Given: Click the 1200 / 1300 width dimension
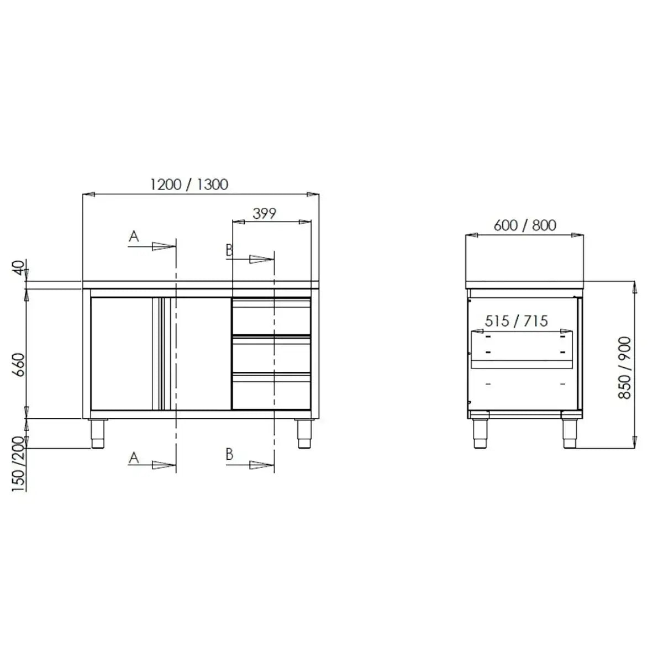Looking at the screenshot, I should pos(189,184).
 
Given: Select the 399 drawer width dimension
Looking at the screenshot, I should pos(264,213).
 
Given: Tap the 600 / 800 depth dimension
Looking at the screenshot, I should pos(524,225).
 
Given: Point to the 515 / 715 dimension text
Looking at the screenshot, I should pos(516,321).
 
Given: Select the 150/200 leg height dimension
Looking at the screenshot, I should pos(18,464).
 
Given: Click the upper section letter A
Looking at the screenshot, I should pos(133,236).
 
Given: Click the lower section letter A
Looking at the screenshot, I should pos(133,457).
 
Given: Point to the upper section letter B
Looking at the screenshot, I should pos(229,250).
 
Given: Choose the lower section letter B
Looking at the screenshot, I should pos(229,454).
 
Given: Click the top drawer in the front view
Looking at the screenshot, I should pos(271,317).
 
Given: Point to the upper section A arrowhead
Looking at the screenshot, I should pos(164,246).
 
